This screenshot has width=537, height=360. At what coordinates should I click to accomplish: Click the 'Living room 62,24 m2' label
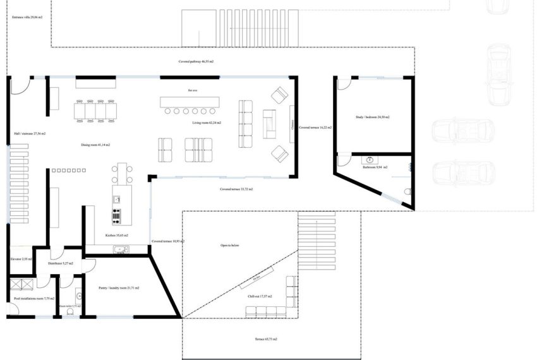(207, 123)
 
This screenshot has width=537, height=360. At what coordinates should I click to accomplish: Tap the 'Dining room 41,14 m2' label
(95, 145)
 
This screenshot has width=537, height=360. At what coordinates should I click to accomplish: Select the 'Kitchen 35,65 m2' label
(117, 236)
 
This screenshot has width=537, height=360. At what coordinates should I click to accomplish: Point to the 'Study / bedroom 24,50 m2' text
(373, 117)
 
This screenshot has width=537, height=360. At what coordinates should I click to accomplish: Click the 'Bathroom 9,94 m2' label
(375, 167)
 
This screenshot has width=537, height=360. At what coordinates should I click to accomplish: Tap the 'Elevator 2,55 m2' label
(21, 259)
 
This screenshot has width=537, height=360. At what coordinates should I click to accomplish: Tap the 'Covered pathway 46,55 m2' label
(195, 62)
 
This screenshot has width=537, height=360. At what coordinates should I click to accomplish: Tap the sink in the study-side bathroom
(370, 159)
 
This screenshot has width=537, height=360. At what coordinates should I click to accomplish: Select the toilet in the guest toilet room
(78, 296)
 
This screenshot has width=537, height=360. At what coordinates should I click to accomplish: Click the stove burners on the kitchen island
(117, 217)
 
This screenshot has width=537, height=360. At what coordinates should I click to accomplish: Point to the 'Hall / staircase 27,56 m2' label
(30, 134)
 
